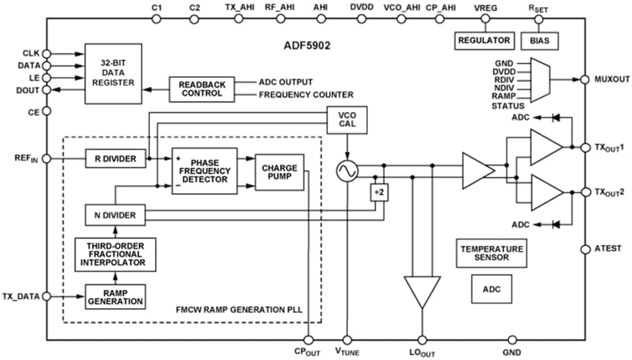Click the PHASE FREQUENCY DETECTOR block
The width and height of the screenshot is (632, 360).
204,170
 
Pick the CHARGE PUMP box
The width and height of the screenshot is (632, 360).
279,172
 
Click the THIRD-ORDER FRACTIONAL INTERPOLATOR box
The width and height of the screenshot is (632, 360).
115,255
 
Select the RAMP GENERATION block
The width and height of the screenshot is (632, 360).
115,297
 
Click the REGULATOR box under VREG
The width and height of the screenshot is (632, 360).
483,40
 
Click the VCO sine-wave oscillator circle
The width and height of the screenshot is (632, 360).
346,171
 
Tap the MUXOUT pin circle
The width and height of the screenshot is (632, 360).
584,80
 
